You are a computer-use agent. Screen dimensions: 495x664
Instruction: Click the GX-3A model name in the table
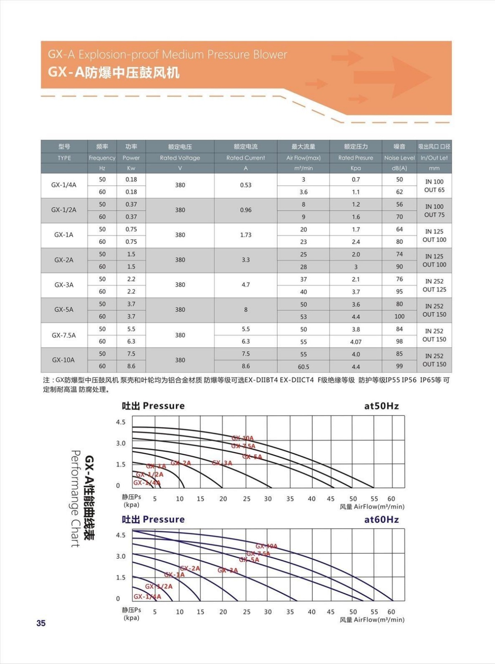tap(64, 285)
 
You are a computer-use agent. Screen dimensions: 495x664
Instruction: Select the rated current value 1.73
tap(245, 235)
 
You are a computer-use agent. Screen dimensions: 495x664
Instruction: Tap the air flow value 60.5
tap(303, 367)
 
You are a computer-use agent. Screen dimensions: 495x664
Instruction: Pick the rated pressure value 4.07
tap(356, 342)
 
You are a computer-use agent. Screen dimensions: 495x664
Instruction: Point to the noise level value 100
tap(399, 317)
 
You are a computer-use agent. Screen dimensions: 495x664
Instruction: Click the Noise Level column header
tap(399, 158)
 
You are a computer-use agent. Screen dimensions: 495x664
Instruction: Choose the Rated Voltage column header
tap(180, 158)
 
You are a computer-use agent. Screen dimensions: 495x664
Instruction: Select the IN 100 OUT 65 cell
tap(434, 186)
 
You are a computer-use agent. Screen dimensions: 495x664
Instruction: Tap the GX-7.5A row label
tap(64, 335)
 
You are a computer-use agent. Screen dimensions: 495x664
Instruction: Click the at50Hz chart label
tap(381, 406)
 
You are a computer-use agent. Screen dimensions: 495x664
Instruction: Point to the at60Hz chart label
tap(381, 520)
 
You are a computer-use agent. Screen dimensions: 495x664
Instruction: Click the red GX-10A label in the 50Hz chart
tap(243, 438)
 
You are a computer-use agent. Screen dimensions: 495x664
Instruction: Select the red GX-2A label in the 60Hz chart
tap(190, 568)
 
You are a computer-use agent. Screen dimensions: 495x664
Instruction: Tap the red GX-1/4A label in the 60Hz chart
tap(147, 597)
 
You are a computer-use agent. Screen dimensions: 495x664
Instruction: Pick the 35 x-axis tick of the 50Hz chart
tap(290, 499)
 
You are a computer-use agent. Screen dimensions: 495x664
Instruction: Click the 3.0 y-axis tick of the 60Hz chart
tap(120, 556)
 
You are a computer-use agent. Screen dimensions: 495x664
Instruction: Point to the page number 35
tap(41, 623)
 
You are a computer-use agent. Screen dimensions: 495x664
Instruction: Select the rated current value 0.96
tap(245, 210)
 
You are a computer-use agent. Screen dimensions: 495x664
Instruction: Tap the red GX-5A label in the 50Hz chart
tap(252, 457)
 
